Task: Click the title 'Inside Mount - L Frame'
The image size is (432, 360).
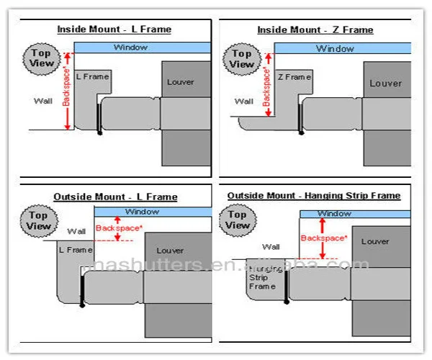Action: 114,30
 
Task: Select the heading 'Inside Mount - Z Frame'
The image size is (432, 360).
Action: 315,30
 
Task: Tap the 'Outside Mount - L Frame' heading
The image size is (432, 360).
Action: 115,197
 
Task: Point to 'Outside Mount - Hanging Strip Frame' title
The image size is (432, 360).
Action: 314,195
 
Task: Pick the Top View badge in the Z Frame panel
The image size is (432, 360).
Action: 242,59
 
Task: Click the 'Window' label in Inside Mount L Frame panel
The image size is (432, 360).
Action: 130,48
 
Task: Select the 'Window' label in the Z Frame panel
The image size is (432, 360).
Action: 335,49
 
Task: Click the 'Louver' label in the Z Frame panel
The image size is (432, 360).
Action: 385,84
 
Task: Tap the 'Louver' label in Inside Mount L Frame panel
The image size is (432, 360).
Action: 180,82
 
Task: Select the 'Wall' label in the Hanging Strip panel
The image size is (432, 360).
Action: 271,246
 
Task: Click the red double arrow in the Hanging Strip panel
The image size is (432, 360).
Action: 323,239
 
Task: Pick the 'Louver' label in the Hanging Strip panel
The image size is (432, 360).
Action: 375,242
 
